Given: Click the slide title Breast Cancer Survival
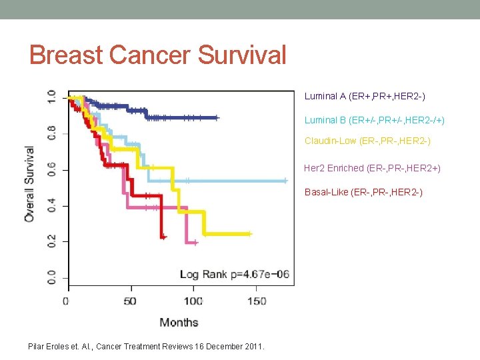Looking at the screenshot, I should [x=157, y=55].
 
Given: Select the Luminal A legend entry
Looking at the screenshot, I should [x=365, y=96].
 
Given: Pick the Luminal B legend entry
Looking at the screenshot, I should [x=374, y=121].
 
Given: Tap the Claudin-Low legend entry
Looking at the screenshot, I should [x=367, y=141].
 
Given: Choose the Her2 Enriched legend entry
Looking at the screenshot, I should [x=372, y=168].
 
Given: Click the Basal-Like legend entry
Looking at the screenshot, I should [x=363, y=192].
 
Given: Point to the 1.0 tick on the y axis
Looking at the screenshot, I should [x=51, y=97].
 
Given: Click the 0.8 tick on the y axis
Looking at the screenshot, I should [x=51, y=133].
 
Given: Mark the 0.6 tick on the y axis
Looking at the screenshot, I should [x=51, y=169].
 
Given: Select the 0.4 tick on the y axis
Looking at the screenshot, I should [x=51, y=205].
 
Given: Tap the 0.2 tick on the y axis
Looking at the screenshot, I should [x=51, y=241].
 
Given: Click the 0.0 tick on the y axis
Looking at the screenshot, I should [x=51, y=277].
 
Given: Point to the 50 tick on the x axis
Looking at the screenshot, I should [x=129, y=301].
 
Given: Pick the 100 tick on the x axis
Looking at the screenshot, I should [x=193, y=301].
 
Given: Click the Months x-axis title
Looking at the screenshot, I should [x=179, y=323].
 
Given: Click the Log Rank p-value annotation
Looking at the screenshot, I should [x=233, y=275].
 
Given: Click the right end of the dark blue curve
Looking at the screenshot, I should [x=217, y=117].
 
